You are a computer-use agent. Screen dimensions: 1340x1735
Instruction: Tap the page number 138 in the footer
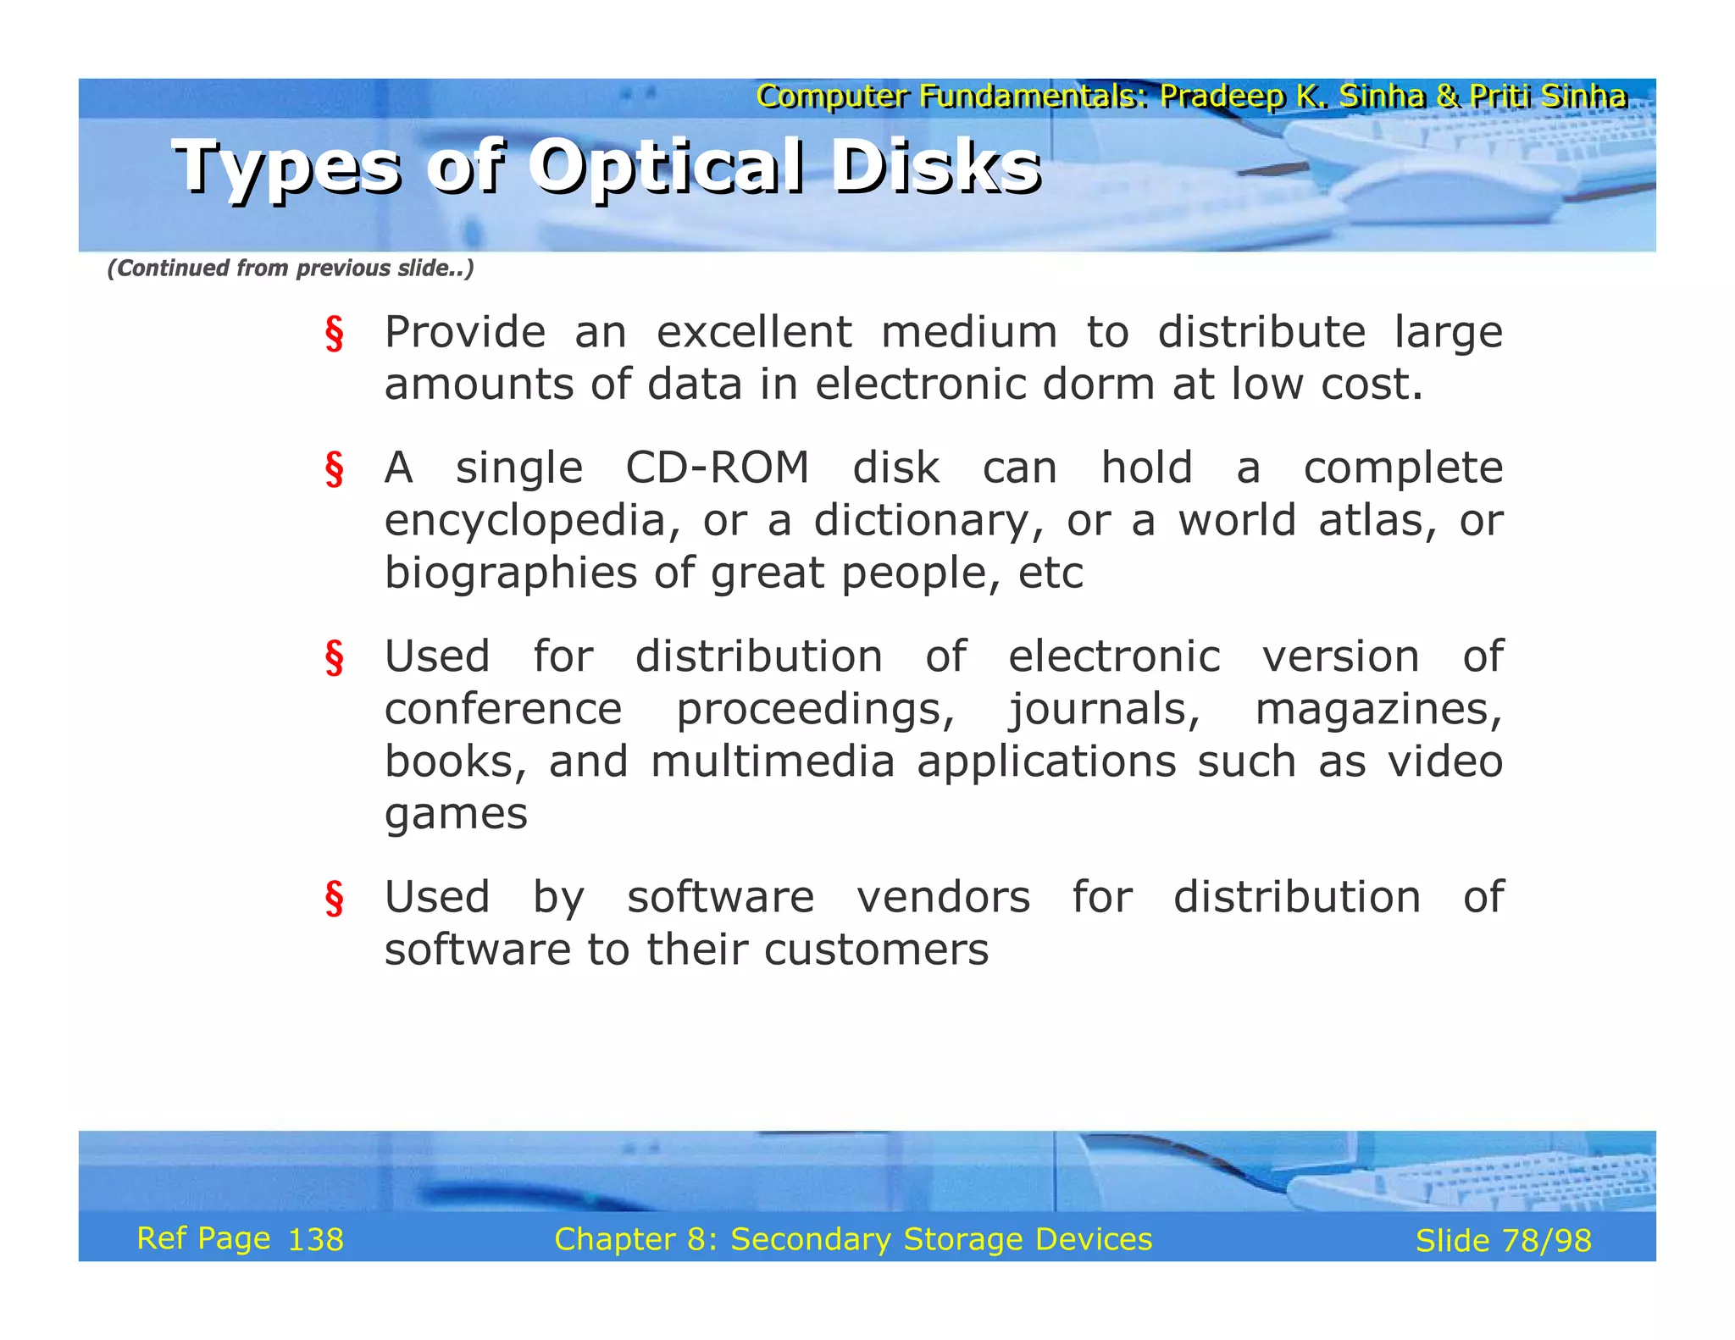click(x=316, y=1240)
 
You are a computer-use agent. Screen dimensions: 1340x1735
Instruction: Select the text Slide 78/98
click(x=1503, y=1241)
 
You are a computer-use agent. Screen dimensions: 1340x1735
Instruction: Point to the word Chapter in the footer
click(x=614, y=1239)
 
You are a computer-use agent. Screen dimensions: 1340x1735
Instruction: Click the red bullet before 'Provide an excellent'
click(x=335, y=334)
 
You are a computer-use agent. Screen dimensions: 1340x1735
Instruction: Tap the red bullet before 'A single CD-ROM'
click(x=335, y=470)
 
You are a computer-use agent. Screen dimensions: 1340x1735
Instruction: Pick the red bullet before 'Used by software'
click(x=335, y=899)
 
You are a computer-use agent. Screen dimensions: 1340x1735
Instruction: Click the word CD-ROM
click(x=717, y=468)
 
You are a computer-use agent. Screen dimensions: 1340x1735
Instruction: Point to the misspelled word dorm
click(x=1098, y=385)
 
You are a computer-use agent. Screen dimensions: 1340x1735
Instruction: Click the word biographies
click(x=510, y=573)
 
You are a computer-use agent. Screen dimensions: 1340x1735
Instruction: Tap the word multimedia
click(x=772, y=761)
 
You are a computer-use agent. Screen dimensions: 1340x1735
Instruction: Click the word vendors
click(x=943, y=897)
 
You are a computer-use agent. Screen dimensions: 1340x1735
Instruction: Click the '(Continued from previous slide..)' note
click(x=291, y=269)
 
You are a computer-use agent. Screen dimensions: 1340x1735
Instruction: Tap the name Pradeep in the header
click(x=1221, y=97)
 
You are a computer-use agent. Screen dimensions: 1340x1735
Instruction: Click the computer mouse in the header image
click(x=1440, y=193)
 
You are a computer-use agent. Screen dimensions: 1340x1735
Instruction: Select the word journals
click(x=1104, y=710)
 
